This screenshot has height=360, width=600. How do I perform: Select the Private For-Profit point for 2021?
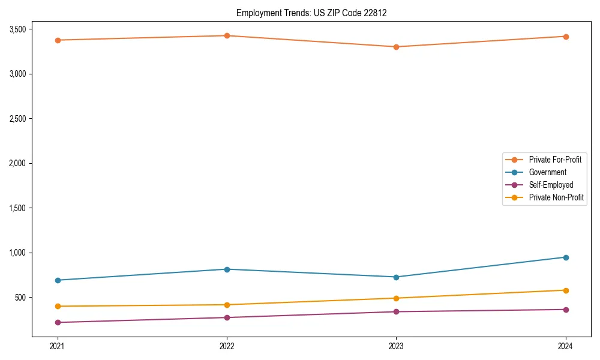point(58,40)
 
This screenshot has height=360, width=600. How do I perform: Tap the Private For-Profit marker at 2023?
point(396,47)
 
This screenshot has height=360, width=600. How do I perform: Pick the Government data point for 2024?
point(566,257)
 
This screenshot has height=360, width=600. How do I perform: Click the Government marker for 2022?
point(227,269)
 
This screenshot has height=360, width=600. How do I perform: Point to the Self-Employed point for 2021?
point(58,322)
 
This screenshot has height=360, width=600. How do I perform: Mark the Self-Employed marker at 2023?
point(396,311)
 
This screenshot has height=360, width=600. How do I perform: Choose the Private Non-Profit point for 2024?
point(566,290)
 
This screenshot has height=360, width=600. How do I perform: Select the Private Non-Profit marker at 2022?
point(227,305)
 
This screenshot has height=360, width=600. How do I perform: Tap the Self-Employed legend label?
point(551,185)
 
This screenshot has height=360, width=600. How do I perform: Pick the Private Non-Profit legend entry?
point(556,197)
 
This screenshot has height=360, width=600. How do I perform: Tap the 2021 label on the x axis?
point(58,346)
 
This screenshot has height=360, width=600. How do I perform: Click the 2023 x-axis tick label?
point(396,346)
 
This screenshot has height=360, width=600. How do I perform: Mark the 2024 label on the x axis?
point(566,346)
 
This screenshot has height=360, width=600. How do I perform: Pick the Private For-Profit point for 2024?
point(566,37)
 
